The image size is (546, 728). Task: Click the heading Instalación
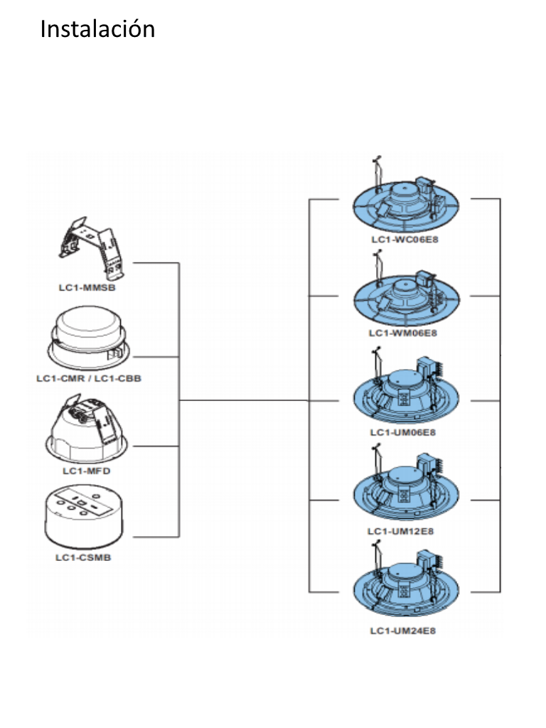tap(97, 28)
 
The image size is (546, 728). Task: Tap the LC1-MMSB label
tap(87, 287)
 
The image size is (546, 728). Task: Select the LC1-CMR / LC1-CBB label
tap(89, 378)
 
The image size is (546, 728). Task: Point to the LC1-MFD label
tap(87, 471)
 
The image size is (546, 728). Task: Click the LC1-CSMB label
tap(84, 557)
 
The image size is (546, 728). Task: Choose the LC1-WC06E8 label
tap(405, 240)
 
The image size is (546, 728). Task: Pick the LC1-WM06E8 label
tap(403, 333)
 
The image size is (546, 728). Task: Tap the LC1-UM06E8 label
tap(403, 432)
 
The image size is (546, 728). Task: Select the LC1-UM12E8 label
tap(401, 530)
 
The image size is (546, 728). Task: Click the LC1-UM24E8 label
tap(403, 631)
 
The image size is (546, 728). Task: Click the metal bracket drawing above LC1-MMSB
tap(92, 248)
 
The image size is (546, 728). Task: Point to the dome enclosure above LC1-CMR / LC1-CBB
tap(87, 336)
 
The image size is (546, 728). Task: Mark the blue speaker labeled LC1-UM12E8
tap(406, 493)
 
